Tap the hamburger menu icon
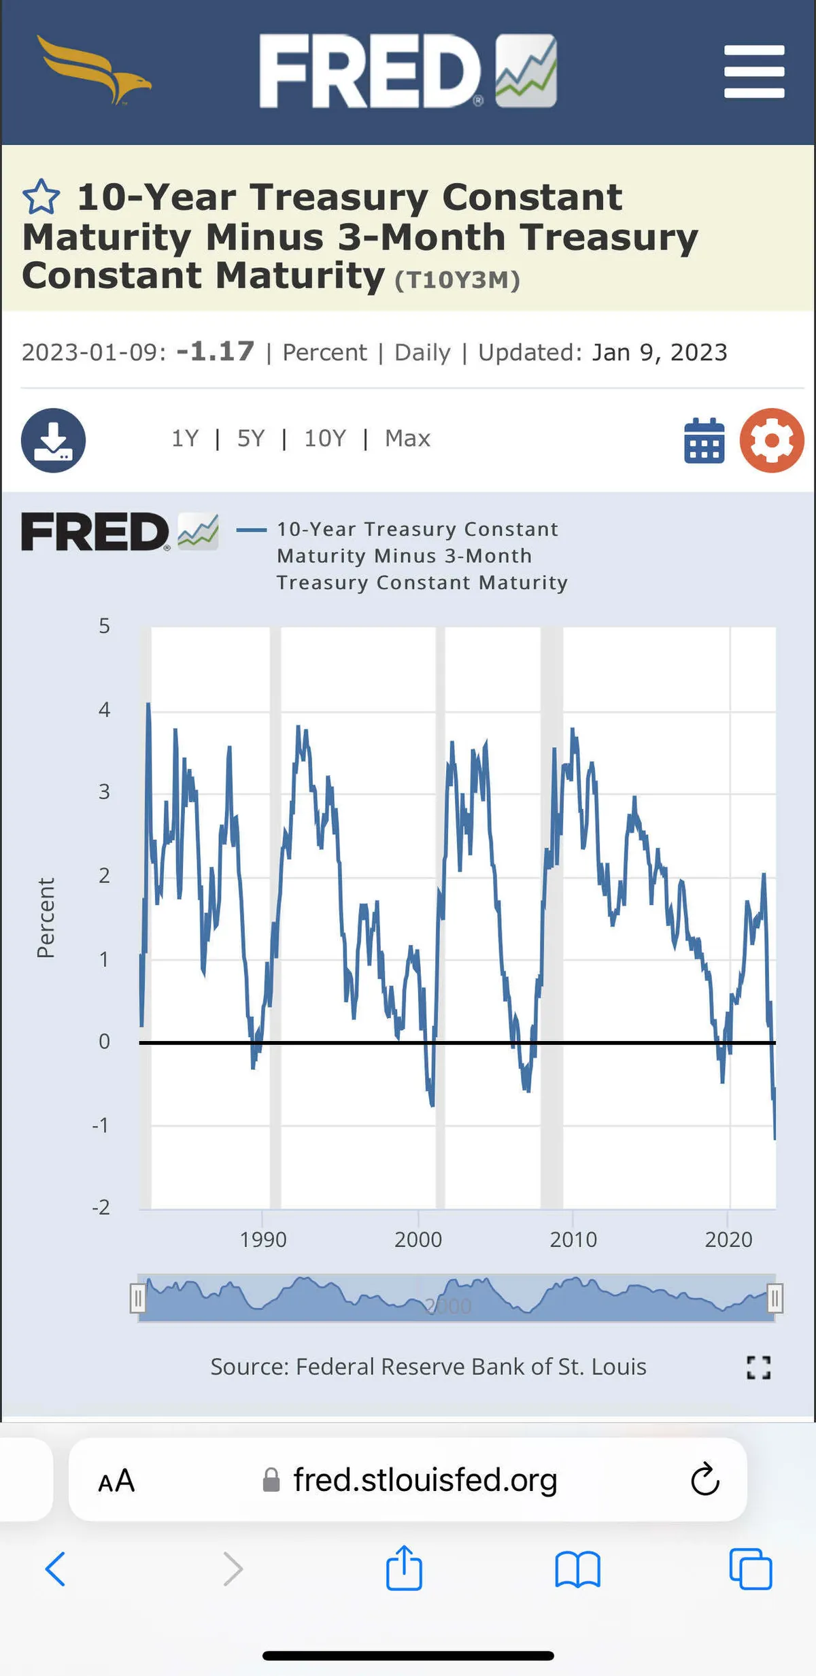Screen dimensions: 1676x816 point(754,71)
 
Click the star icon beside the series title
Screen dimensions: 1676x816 point(41,196)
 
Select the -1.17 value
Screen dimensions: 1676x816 point(215,352)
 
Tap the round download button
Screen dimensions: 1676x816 point(53,440)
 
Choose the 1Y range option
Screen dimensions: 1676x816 point(185,439)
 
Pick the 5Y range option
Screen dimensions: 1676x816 point(250,439)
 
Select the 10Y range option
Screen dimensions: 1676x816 point(325,439)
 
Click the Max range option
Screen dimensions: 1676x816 point(407,439)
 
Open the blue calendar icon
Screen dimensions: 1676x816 point(704,441)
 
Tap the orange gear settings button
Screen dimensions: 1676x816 point(772,440)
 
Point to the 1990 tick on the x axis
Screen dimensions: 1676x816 point(263,1239)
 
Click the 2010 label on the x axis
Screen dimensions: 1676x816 point(573,1239)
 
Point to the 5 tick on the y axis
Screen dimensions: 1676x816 point(104,626)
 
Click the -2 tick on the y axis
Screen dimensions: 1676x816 point(101,1207)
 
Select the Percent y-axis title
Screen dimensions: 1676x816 point(46,918)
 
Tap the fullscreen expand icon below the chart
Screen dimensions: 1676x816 point(758,1367)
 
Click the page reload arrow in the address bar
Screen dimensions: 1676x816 point(705,1479)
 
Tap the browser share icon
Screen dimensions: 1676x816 point(404,1569)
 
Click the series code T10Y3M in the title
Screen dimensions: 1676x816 point(457,280)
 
